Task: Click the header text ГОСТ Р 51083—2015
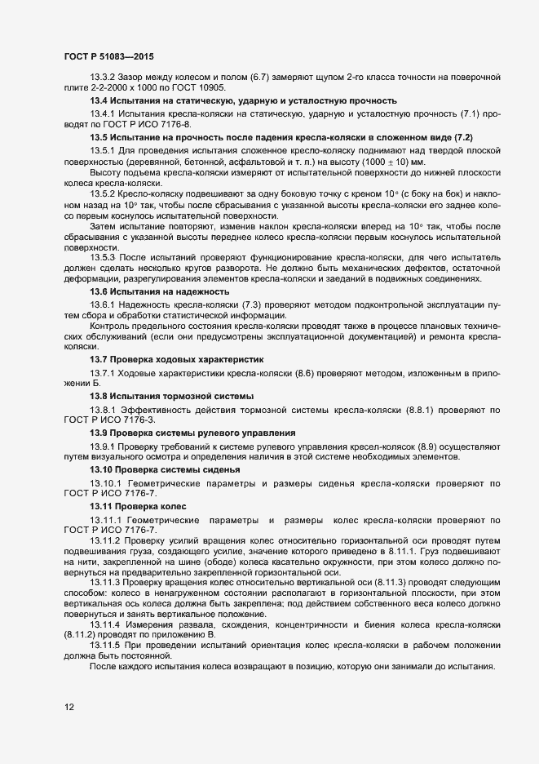pyautogui.click(x=109, y=57)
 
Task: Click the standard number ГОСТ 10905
pyautogui.click(x=200, y=87)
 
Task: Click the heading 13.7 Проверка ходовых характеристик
pyautogui.click(x=176, y=359)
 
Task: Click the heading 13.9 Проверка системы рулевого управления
pyautogui.click(x=192, y=432)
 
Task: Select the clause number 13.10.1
pyautogui.click(x=105, y=484)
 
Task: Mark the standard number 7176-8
pyautogui.click(x=170, y=124)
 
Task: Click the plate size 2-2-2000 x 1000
pyautogui.click(x=125, y=87)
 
